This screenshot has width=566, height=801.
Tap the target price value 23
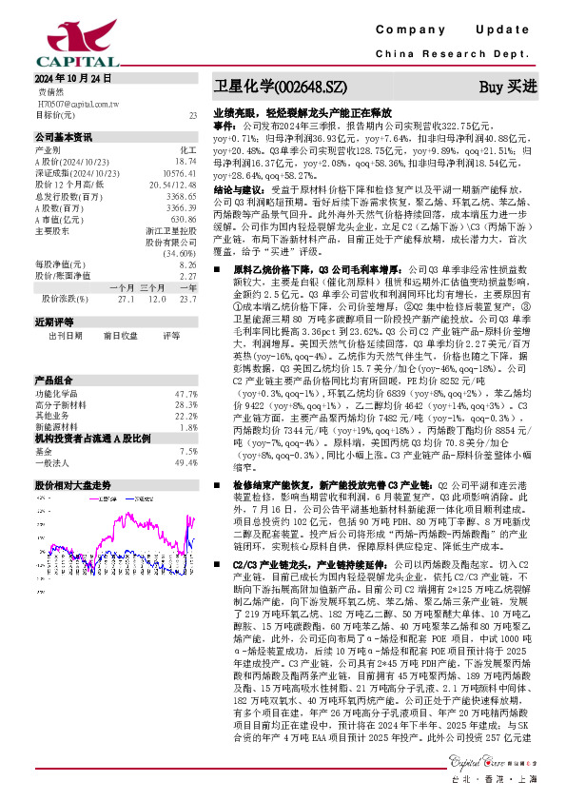click(192, 114)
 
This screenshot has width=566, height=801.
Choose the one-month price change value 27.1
click(127, 298)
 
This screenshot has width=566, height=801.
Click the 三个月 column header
click(152, 286)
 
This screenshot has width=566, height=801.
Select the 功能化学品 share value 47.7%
click(185, 365)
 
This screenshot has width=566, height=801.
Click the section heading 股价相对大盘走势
click(72, 484)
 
